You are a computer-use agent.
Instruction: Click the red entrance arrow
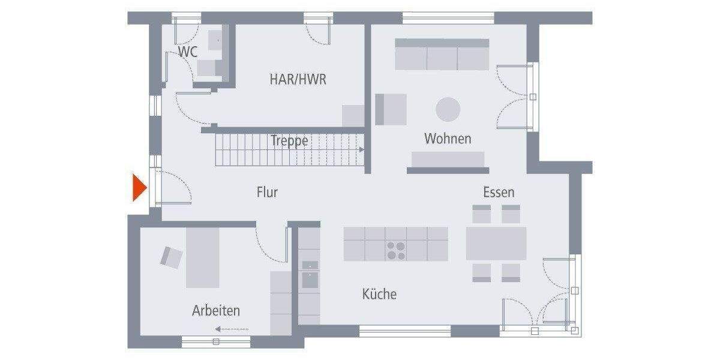[139, 187]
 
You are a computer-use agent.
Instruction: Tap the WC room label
[188, 52]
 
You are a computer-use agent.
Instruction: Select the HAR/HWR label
[298, 79]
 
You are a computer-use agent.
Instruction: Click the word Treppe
[289, 141]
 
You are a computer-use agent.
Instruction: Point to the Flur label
[267, 193]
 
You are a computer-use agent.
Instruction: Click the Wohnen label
[448, 139]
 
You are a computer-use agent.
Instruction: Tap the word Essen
[499, 193]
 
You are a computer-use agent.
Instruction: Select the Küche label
[379, 294]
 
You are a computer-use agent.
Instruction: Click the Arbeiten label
[216, 311]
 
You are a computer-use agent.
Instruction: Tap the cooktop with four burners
[395, 250]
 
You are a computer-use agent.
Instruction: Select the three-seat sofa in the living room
[442, 55]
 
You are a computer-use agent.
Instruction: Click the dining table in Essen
[496, 243]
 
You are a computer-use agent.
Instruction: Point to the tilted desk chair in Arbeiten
[172, 257]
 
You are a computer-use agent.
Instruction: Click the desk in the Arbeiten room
[203, 258]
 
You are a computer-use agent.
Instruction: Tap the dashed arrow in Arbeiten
[232, 329]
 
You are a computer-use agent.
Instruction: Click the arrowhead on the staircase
[361, 149]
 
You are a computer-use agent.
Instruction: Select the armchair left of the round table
[391, 109]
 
